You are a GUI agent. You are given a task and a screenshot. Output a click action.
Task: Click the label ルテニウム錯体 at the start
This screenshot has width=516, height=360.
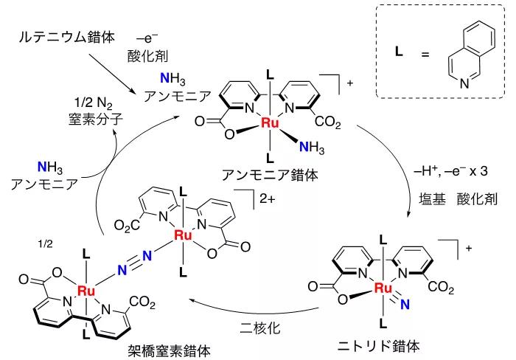(x=67, y=37)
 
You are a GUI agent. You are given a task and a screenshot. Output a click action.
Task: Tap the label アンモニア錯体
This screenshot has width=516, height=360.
(x=270, y=175)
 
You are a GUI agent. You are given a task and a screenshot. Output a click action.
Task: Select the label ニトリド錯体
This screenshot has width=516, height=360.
(x=378, y=346)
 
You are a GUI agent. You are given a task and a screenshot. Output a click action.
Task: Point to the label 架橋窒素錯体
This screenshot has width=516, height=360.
(x=169, y=351)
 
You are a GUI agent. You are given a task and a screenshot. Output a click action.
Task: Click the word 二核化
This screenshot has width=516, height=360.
(x=260, y=328)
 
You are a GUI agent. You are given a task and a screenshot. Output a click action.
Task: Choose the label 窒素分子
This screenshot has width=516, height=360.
(x=96, y=119)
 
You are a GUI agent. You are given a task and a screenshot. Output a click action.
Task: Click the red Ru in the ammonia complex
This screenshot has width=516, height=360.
(x=270, y=123)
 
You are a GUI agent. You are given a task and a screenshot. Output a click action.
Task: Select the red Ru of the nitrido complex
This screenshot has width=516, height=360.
(x=383, y=288)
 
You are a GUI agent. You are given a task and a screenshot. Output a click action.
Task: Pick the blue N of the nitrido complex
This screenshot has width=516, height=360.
(x=405, y=305)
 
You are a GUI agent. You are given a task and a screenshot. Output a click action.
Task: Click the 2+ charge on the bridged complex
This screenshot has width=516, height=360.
(x=267, y=198)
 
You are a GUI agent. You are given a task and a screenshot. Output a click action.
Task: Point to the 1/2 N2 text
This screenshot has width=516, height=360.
(x=94, y=103)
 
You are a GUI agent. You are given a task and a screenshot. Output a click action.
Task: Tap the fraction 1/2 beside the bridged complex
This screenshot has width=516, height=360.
(x=45, y=243)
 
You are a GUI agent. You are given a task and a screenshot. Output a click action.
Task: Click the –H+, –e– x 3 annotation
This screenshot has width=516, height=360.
(x=450, y=171)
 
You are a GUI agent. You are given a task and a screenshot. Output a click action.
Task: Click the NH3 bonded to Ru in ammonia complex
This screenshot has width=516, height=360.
(x=312, y=148)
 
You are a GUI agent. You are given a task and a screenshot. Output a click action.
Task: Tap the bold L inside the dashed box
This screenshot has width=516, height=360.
(x=399, y=51)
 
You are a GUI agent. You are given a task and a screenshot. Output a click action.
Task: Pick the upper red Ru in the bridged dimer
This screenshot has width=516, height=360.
(x=183, y=235)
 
